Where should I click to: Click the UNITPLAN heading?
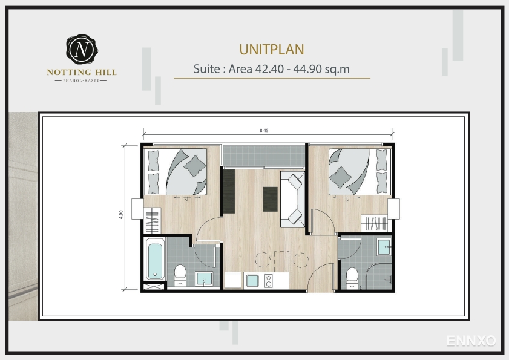[272, 50]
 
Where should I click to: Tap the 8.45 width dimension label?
[264, 131]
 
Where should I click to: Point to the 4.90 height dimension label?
[121, 215]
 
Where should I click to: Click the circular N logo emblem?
[82, 50]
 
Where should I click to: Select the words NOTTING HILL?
[82, 73]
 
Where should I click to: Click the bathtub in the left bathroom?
[154, 259]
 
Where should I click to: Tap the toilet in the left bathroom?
[180, 276]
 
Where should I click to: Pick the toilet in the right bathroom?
[352, 278]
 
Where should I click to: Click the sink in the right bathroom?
[385, 247]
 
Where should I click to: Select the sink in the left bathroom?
[204, 279]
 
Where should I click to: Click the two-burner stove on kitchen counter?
[269, 281]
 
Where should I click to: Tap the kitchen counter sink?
[252, 281]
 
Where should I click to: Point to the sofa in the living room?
[292, 199]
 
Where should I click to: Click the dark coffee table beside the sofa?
[270, 199]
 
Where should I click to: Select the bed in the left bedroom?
[176, 172]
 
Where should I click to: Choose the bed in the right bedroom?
[360, 172]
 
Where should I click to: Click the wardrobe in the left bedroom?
[153, 221]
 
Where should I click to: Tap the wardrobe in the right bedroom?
[375, 223]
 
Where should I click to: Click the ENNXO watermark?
[471, 341]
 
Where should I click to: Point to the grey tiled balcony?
[264, 156]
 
